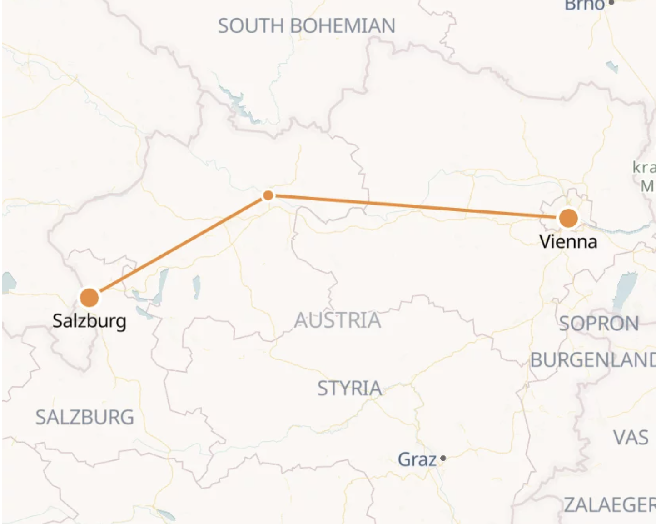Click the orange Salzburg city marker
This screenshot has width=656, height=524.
tap(89, 298)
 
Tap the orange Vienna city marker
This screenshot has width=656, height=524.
tap(568, 218)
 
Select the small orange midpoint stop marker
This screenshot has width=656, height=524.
tap(268, 195)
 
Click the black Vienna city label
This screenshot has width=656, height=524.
tap(568, 241)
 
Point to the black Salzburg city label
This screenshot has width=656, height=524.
tap(89, 321)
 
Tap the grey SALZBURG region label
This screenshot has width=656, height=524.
tap(85, 417)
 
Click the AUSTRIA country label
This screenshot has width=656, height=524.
tap(338, 320)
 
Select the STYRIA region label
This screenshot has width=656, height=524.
tap(349, 389)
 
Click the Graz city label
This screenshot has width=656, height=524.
tap(417, 459)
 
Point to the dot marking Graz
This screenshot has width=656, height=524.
tap(443, 459)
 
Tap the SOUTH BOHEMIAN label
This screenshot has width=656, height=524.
tap(307, 26)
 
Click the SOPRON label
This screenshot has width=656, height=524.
tap(599, 324)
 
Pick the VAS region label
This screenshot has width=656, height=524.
tap(631, 438)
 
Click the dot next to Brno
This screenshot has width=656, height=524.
tap(611, 3)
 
